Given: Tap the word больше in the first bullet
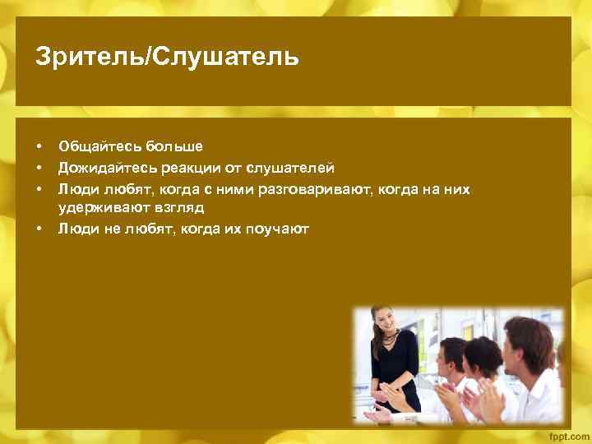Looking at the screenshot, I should click(x=174, y=147).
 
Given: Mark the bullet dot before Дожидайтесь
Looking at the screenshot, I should click(x=39, y=169).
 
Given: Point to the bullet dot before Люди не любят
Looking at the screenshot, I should click(x=39, y=229).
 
